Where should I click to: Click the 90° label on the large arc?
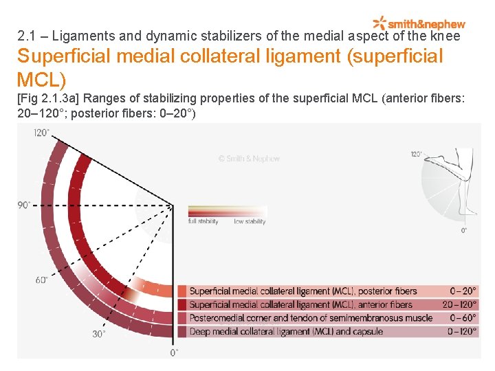(24, 205)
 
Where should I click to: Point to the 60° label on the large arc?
(41, 280)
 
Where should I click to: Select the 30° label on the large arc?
(99, 334)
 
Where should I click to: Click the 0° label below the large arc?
(175, 352)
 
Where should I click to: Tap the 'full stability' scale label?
(203, 222)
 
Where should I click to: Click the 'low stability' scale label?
(250, 222)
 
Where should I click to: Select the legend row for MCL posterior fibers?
(303, 291)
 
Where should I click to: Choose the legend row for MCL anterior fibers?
(301, 304)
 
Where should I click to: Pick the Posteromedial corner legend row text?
(311, 317)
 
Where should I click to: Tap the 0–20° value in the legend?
(463, 291)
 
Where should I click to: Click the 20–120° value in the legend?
(459, 304)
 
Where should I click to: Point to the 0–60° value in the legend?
(463, 317)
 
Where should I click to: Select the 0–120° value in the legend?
(462, 331)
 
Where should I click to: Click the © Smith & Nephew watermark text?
(249, 159)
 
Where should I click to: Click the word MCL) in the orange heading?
(41, 80)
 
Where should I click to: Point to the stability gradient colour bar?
(227, 211)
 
